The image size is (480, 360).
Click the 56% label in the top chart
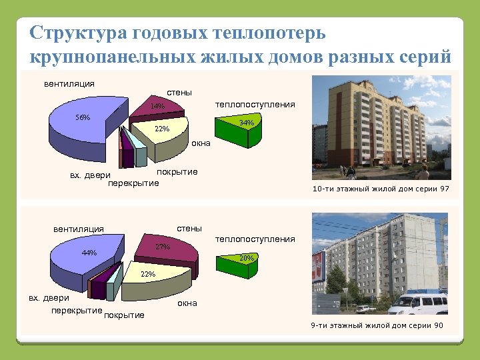click(x=83, y=117)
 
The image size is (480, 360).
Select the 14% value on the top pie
click(x=157, y=106)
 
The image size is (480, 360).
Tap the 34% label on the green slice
click(x=246, y=123)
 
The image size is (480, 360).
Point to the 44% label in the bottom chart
click(x=89, y=253)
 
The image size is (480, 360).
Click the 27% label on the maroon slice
click(x=163, y=247)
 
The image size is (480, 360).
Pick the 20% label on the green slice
click(x=247, y=257)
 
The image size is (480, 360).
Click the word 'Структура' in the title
click(x=78, y=33)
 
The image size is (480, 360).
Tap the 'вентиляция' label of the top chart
click(x=69, y=84)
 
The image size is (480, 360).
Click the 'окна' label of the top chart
click(x=201, y=143)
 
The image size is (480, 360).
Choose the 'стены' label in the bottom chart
click(x=189, y=228)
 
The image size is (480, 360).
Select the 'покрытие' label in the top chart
click(x=177, y=172)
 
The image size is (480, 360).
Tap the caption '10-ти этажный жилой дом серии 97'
click(x=381, y=189)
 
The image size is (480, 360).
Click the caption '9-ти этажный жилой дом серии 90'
click(x=377, y=325)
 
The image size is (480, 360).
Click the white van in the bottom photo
click(x=418, y=304)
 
